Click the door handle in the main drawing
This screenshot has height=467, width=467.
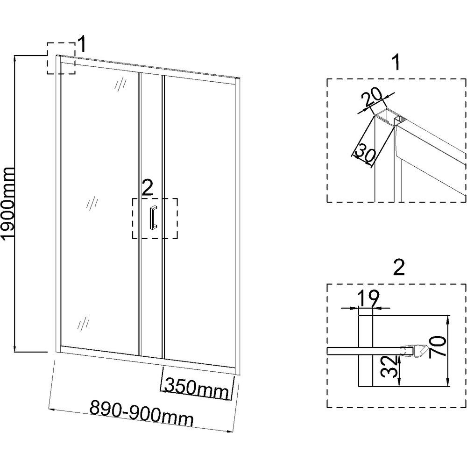pyautogui.click(x=153, y=218)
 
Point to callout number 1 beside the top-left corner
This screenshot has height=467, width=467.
pyautogui.click(x=82, y=45)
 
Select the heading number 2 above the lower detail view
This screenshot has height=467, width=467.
pyautogui.click(x=398, y=267)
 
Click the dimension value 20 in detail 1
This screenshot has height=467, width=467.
pyautogui.click(x=374, y=99)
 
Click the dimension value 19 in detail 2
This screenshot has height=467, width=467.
pyautogui.click(x=368, y=297)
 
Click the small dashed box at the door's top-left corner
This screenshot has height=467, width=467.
pyautogui.click(x=61, y=58)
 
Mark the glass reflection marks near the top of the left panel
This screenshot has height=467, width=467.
pyautogui.click(x=121, y=84)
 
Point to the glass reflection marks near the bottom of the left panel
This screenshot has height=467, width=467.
pyautogui.click(x=84, y=322)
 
